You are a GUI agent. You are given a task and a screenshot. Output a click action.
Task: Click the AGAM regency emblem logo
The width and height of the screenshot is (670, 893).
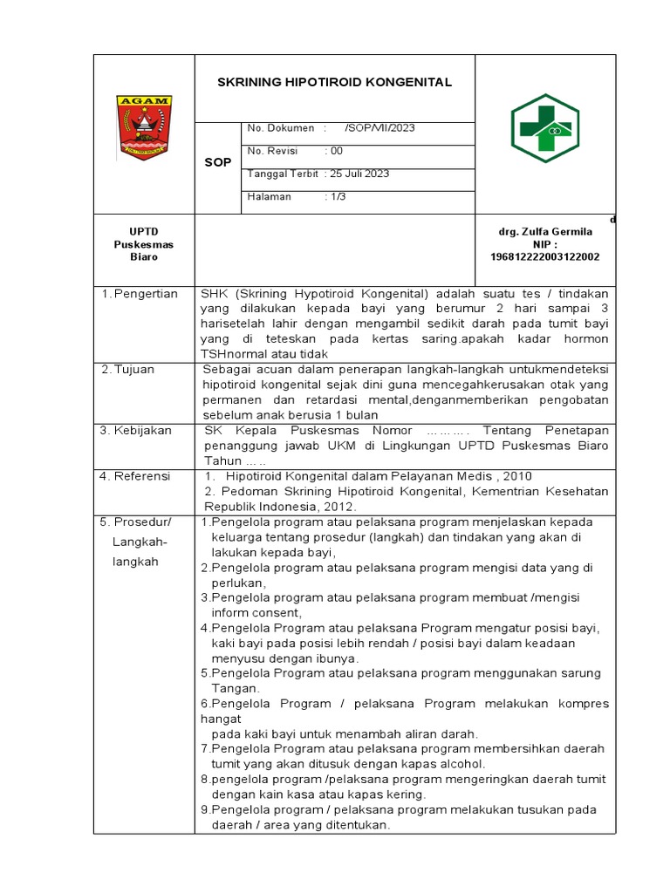click(x=144, y=127)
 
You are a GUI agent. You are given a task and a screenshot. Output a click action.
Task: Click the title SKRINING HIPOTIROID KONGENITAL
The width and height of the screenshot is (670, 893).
click(x=334, y=82)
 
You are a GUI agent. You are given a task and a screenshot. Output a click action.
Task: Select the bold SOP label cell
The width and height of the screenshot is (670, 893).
click(x=217, y=162)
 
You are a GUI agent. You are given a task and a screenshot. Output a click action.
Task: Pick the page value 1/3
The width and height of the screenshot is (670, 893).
click(x=336, y=196)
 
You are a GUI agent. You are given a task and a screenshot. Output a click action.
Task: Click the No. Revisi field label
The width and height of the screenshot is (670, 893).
click(x=272, y=151)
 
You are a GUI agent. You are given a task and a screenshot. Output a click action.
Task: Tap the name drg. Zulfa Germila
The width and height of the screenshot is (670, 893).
click(x=545, y=232)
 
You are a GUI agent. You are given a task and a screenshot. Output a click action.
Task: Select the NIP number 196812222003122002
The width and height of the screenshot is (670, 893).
click(x=545, y=257)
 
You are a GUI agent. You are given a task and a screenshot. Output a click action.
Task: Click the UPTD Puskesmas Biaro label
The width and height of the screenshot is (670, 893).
click(x=144, y=244)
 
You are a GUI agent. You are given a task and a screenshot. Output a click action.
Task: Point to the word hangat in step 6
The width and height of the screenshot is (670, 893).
click(x=219, y=719)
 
